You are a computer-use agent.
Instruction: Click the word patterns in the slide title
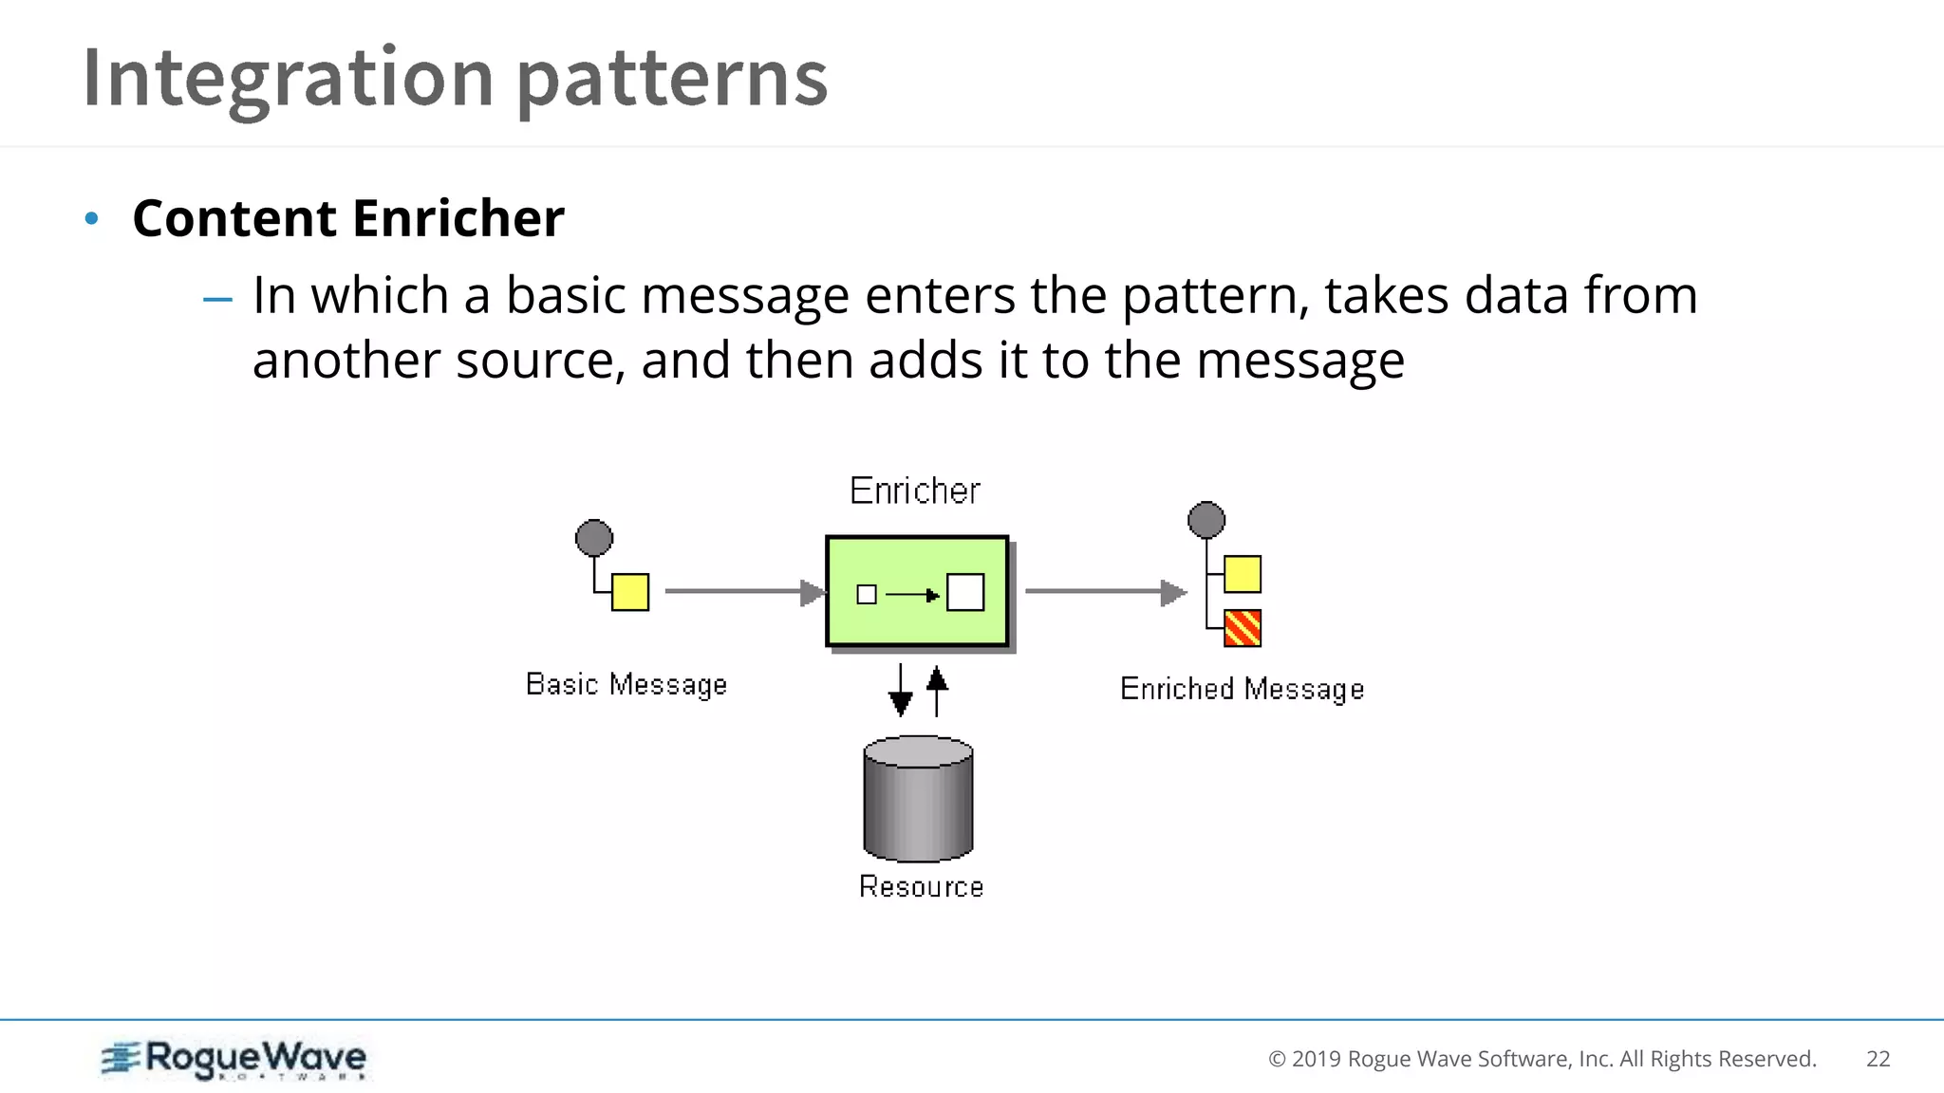672,78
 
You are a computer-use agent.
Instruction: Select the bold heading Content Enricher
348,218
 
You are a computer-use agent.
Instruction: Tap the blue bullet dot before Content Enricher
91,219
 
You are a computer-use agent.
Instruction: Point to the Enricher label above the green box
915,491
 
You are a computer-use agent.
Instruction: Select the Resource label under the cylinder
921,886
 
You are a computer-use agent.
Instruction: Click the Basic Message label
626,684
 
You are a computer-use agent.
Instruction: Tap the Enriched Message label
1242,689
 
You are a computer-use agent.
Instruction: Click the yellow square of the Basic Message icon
630,592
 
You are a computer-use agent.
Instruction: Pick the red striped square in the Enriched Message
1243,628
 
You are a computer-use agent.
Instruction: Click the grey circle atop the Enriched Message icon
1206,520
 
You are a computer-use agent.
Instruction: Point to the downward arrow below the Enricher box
900,691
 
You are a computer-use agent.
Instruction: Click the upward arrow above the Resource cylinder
937,691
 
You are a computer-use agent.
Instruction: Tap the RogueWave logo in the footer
234,1059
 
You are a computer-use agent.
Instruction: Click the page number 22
1878,1059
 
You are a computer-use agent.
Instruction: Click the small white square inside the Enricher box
867,595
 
